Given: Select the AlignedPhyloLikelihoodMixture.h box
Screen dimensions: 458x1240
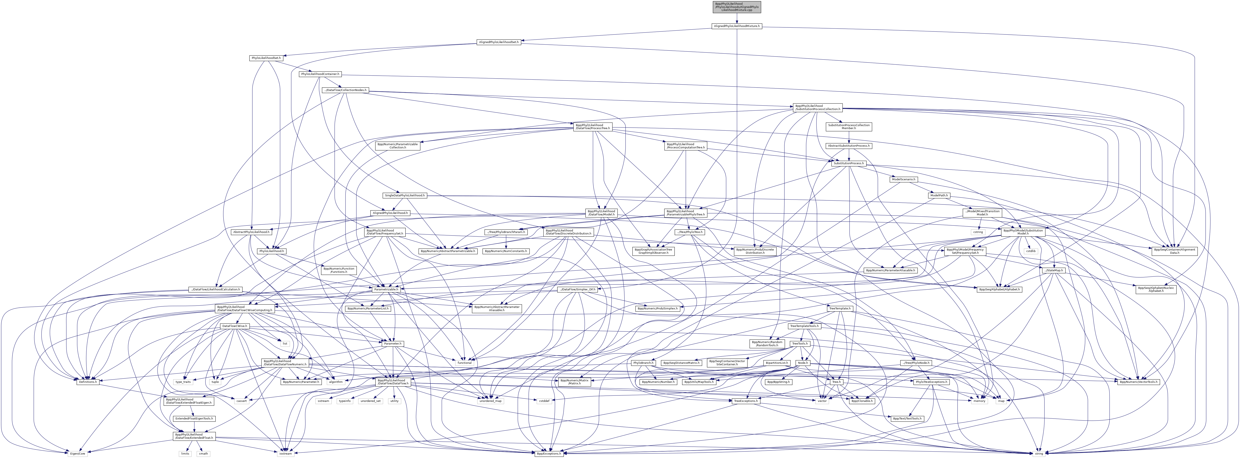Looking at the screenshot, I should coord(737,26).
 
